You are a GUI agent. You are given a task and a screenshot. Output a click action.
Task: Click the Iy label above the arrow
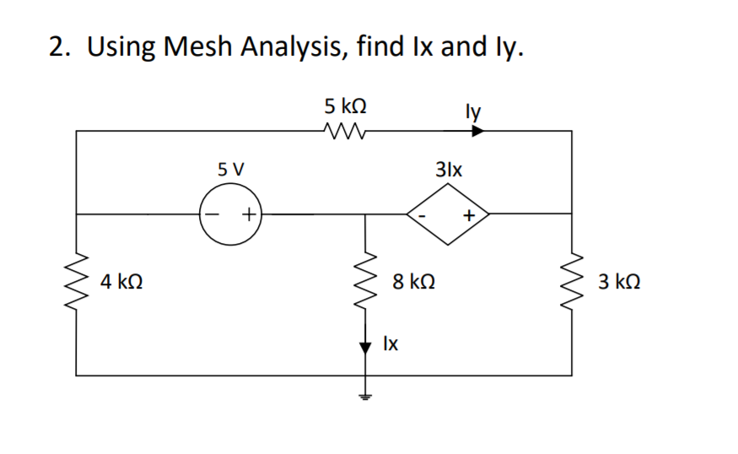click(x=472, y=110)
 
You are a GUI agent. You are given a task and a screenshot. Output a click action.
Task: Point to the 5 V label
click(x=229, y=168)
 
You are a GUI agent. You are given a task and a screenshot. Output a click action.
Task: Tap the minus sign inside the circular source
click(x=213, y=215)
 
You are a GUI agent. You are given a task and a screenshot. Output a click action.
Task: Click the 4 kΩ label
click(x=121, y=281)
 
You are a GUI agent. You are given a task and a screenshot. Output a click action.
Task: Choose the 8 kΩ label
click(x=413, y=281)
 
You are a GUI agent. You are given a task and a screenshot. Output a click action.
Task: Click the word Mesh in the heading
click(x=202, y=46)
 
